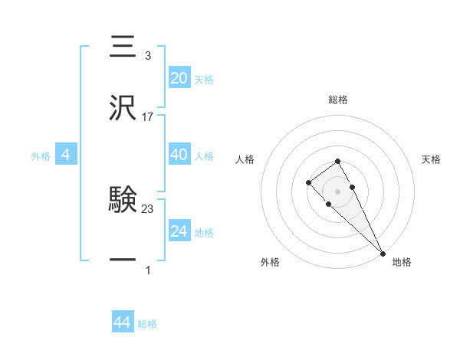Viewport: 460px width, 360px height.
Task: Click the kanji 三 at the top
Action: (x=123, y=47)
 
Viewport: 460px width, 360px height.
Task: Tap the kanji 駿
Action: (x=123, y=201)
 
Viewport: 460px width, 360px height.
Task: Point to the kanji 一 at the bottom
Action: (x=123, y=260)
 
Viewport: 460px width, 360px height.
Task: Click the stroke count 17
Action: (x=148, y=117)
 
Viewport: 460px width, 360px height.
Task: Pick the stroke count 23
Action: (x=148, y=208)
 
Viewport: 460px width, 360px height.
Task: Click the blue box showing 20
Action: (x=179, y=78)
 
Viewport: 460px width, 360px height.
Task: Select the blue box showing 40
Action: (x=179, y=155)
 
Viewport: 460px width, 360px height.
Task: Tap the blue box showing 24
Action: (x=179, y=231)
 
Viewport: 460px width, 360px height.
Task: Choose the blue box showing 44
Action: (x=123, y=322)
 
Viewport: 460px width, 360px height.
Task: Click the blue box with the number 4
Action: (x=66, y=155)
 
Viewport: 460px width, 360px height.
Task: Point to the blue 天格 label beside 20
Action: (x=204, y=80)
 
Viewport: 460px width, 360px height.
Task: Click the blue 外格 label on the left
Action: (x=41, y=156)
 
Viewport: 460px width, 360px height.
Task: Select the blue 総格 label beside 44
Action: (x=147, y=324)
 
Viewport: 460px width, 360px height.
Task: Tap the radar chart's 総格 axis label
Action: (x=337, y=100)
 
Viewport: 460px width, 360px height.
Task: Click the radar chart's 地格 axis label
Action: (x=402, y=262)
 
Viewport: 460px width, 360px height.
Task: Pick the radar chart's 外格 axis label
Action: (x=270, y=262)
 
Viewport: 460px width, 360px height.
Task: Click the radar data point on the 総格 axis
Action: (x=337, y=161)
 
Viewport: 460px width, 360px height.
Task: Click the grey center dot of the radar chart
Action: (x=337, y=191)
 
